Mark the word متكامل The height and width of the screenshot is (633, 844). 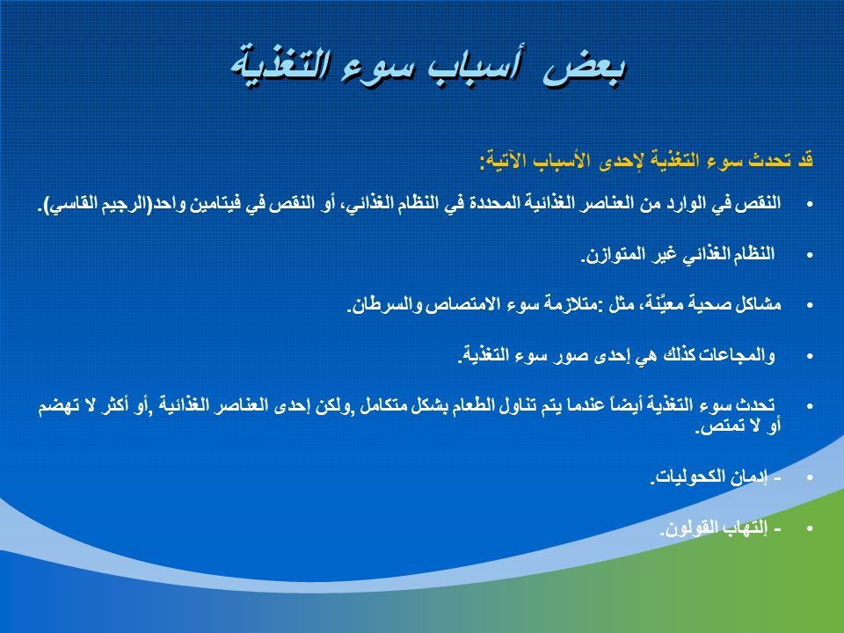point(382,405)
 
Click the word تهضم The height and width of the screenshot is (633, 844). point(54,405)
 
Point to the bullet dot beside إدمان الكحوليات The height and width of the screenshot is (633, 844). point(810,477)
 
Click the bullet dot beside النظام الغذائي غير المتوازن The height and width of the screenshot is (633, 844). point(810,255)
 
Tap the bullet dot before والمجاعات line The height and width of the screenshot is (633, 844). point(810,356)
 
